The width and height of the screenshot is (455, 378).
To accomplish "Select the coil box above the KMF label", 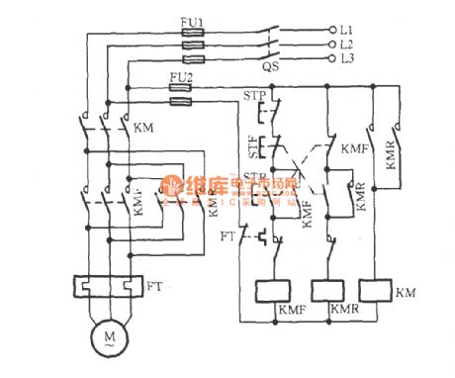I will point(271,292).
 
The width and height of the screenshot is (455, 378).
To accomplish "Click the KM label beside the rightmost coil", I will point(406,293).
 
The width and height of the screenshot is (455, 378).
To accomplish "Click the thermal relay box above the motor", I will point(104,288).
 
